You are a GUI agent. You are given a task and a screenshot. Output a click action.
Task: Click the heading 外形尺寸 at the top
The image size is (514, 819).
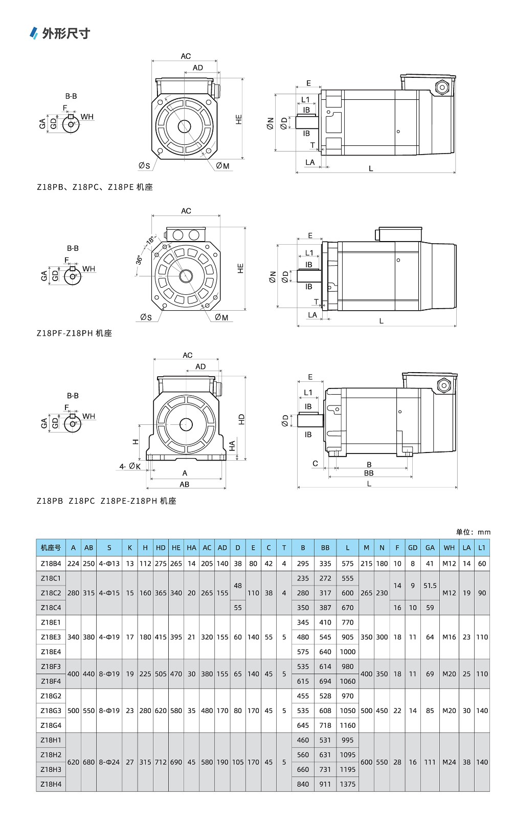point(65,34)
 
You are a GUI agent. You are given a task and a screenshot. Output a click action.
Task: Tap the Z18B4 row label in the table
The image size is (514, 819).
point(51,564)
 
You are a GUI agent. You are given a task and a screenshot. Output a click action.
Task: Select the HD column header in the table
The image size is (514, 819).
point(161,548)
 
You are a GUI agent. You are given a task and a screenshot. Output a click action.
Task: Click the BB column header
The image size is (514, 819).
point(325,548)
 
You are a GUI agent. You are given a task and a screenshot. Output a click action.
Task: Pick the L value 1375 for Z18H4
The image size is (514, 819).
point(347,784)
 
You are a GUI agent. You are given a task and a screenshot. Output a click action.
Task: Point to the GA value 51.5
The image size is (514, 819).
point(430,586)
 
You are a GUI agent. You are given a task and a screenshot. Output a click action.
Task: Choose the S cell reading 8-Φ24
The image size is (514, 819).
point(109,762)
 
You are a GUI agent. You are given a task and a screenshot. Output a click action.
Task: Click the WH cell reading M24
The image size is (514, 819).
point(449,762)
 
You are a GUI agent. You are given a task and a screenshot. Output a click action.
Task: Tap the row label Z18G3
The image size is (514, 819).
point(51,711)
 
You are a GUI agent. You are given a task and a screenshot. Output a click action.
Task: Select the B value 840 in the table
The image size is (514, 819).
point(303,784)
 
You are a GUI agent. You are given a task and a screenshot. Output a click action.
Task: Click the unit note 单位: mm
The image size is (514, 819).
point(473,532)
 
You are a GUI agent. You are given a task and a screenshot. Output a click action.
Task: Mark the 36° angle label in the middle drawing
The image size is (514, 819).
point(139,260)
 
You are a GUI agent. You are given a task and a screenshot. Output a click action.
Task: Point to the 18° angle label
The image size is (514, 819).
point(150,240)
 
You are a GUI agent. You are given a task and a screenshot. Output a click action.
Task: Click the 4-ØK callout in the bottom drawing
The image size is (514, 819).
point(130,466)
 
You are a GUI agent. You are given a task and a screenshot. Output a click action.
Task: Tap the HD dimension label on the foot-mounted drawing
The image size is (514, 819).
point(241,419)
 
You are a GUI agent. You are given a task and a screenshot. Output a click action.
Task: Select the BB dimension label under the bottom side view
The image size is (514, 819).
point(369,473)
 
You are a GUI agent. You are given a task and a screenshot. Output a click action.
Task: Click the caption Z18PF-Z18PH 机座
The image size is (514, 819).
point(74,333)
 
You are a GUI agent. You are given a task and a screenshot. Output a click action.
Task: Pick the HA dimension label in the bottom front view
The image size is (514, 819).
point(232,446)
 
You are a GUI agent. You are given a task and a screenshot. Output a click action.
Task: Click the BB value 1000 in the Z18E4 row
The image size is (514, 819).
point(347,652)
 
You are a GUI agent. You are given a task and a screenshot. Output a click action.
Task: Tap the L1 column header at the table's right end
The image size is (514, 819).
point(482,548)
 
